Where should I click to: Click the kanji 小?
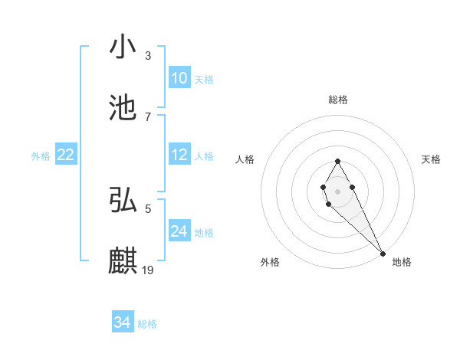tap(123, 47)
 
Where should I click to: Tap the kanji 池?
tap(123, 108)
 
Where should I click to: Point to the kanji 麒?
tap(123, 260)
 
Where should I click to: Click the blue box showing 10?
tap(179, 78)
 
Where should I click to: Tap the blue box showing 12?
tap(179, 155)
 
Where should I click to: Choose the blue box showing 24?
tap(179, 231)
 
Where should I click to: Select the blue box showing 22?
tap(65, 155)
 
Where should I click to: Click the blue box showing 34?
tap(123, 322)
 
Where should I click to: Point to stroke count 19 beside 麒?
tap(149, 270)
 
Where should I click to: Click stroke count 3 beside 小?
tap(148, 56)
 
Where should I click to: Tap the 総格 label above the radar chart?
tap(337, 100)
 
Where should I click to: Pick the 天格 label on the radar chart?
tap(431, 159)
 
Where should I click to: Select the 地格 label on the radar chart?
tap(402, 263)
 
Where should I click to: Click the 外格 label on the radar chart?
tap(270, 263)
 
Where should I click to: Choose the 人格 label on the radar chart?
tap(245, 159)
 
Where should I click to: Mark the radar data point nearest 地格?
tap(383, 253)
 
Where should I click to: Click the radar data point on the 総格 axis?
tap(337, 161)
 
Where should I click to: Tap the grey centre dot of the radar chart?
tap(337, 190)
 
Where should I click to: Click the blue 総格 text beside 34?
tap(147, 324)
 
